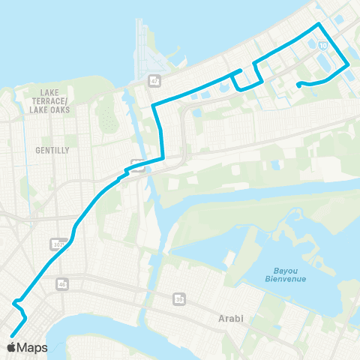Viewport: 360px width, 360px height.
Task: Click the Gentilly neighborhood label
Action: click(52, 150)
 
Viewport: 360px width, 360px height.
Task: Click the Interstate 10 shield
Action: click(322, 46)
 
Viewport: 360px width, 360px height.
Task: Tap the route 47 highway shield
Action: click(154, 80)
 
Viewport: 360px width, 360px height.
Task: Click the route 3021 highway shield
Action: click(57, 244)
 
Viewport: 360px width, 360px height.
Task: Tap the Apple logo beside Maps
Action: click(13, 347)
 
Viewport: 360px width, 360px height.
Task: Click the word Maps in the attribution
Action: click(34, 348)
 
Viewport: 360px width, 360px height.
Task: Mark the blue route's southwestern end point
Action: click(11, 336)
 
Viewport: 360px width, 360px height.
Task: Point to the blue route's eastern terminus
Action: click(298, 84)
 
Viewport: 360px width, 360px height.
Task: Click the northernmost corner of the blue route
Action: click(320, 24)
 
